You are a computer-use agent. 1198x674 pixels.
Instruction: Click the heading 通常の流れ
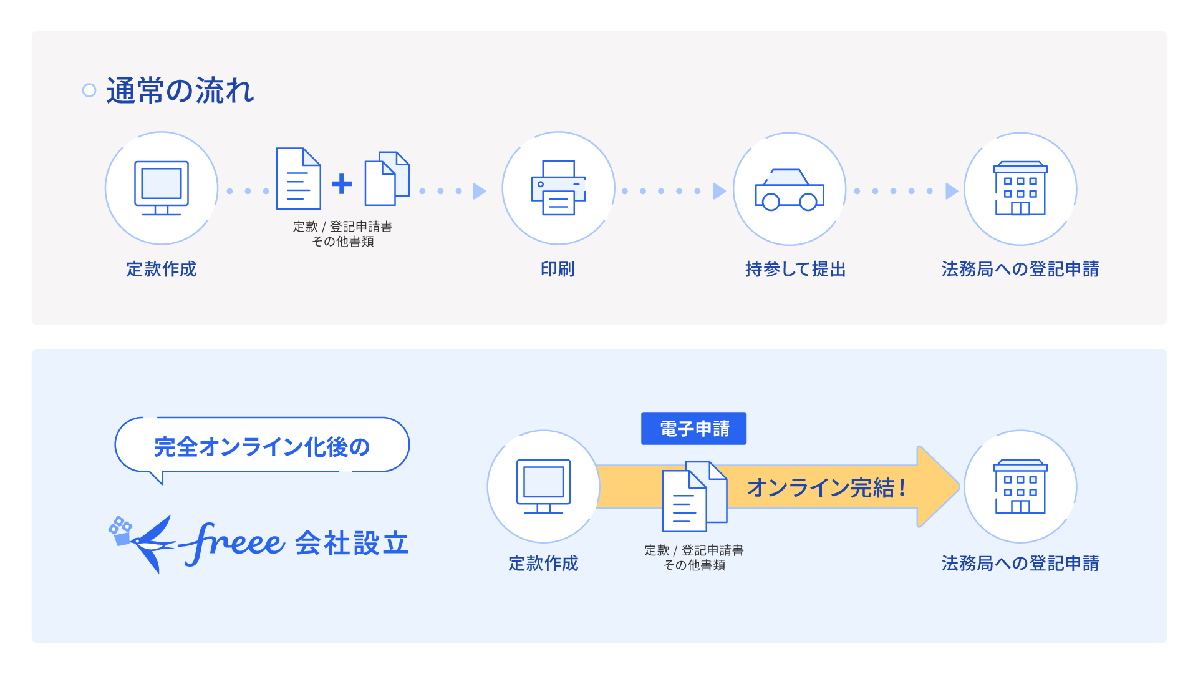tap(180, 91)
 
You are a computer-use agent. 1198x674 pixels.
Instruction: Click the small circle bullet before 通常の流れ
tap(89, 90)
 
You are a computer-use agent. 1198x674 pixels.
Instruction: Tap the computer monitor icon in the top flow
tap(162, 188)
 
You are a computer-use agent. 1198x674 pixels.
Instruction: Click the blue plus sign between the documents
tap(342, 183)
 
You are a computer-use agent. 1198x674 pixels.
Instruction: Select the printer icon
tap(558, 188)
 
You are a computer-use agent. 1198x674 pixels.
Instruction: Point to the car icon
tap(789, 190)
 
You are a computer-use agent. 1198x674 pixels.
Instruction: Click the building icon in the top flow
tap(1020, 188)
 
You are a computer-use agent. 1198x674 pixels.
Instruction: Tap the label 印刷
tap(558, 269)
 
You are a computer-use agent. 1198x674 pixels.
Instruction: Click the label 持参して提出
tap(795, 269)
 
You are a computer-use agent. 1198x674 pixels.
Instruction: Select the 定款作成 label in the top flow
tap(162, 269)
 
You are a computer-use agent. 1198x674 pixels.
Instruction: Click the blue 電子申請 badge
tap(694, 429)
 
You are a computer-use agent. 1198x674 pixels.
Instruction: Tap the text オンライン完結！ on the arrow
tap(826, 487)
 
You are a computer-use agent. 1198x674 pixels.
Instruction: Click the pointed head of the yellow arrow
tap(939, 487)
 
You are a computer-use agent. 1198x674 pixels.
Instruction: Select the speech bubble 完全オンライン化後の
tap(262, 446)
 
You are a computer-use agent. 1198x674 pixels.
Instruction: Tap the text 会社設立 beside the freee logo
tap(352, 544)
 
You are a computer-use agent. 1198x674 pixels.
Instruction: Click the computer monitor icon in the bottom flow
tap(543, 486)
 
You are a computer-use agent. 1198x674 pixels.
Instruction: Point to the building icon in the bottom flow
tap(1020, 487)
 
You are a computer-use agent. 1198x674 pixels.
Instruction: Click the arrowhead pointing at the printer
tap(479, 191)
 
